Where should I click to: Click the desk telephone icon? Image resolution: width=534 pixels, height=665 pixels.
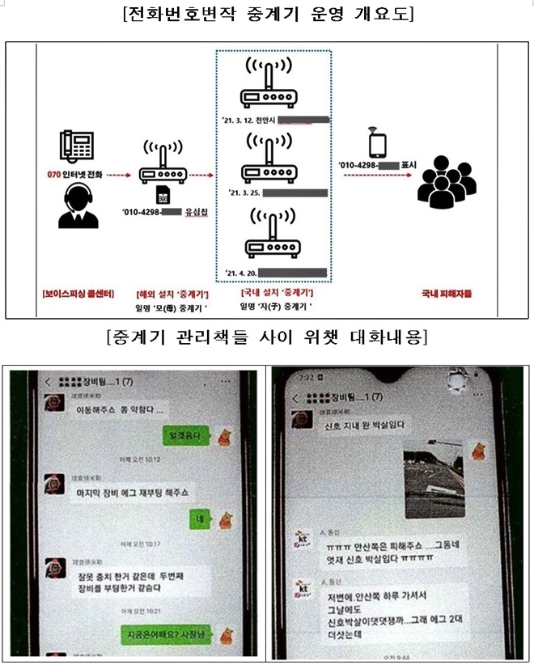tap(78, 145)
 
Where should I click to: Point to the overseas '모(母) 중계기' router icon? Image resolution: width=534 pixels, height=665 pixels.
tap(161, 166)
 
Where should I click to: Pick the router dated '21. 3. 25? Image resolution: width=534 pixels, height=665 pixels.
tap(273, 161)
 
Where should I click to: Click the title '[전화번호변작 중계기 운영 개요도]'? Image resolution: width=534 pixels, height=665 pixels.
tap(266, 15)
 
